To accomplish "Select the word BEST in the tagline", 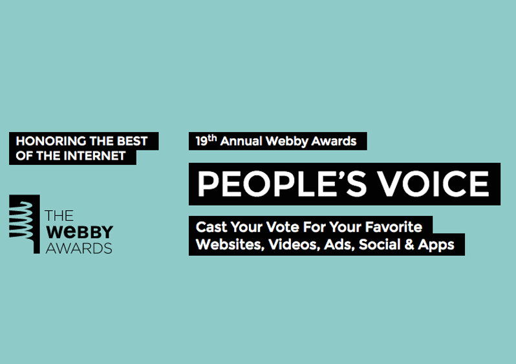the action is point(133,141).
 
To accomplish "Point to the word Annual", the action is point(241,141).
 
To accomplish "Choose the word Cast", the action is point(211,227).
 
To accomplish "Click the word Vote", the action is point(283,227).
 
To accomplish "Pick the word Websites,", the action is point(230,244).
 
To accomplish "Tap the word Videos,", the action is point(294,244).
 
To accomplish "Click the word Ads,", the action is point(339,244).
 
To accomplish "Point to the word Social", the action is point(380,244).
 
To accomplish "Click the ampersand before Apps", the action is point(410,244).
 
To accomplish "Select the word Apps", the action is point(436,245).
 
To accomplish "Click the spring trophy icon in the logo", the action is point(25,224).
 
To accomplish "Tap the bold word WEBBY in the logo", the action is point(80,232).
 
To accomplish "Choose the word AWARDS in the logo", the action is point(79,248).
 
